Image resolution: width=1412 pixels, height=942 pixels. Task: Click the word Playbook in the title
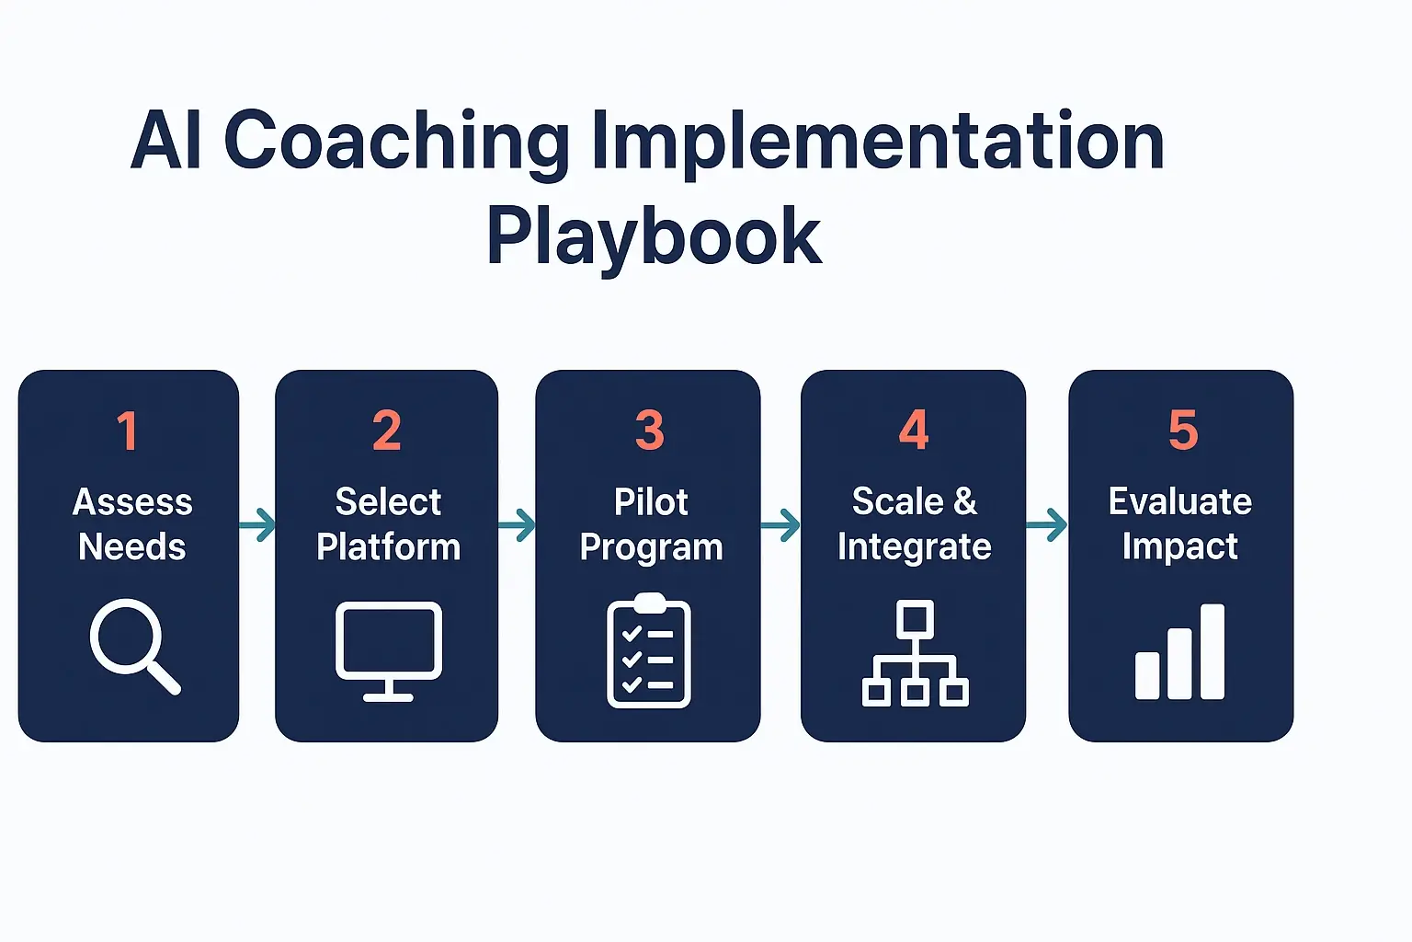654,236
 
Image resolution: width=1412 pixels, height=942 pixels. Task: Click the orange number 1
128,431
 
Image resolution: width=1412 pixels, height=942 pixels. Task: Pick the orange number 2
387,431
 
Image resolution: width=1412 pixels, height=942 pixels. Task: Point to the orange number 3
649,431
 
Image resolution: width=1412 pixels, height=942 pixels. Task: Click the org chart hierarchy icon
915,653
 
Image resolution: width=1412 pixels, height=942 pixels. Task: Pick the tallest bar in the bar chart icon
1213,651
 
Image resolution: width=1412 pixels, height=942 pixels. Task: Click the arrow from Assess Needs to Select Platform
257,525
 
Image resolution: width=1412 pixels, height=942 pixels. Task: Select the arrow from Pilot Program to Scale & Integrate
780,526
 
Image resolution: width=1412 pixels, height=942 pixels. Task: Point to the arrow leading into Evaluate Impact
1047,525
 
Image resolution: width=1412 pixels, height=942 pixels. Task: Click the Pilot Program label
651,524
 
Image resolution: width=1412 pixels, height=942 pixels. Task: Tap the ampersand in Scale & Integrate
965,502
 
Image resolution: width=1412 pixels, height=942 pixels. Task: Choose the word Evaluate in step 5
1180,502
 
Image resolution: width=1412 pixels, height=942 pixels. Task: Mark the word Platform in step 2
388,547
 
